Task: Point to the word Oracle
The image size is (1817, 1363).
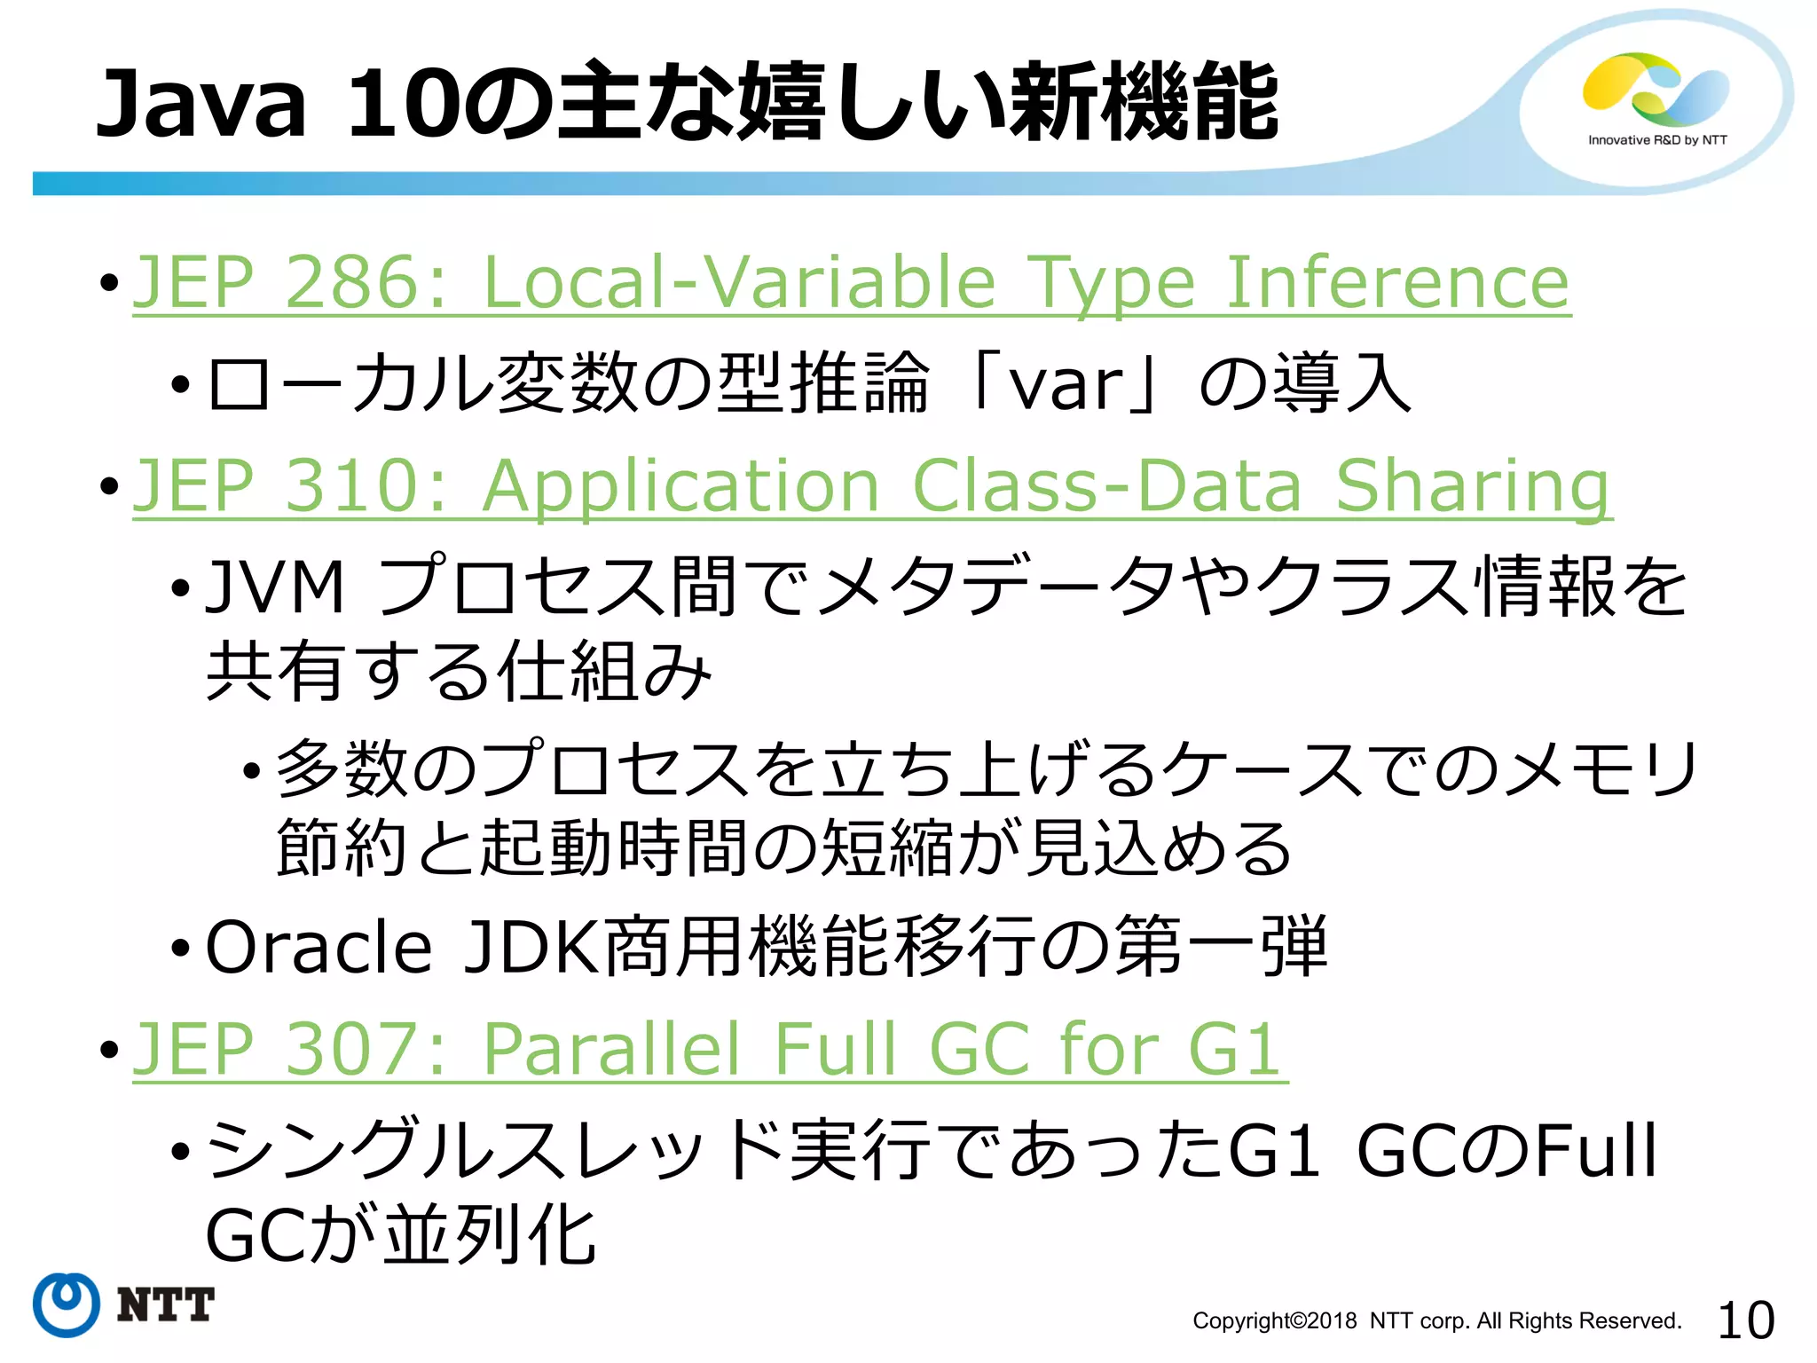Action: [319, 947]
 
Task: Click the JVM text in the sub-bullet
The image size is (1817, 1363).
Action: [274, 587]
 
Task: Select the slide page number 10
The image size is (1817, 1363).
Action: [1745, 1320]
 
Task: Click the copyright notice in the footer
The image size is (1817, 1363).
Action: [1436, 1321]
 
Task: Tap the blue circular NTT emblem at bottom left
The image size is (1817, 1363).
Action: [67, 1304]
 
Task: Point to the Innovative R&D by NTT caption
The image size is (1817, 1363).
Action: [1657, 140]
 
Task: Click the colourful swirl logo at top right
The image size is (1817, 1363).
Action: [1656, 89]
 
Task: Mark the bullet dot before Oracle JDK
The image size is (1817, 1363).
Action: [181, 949]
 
